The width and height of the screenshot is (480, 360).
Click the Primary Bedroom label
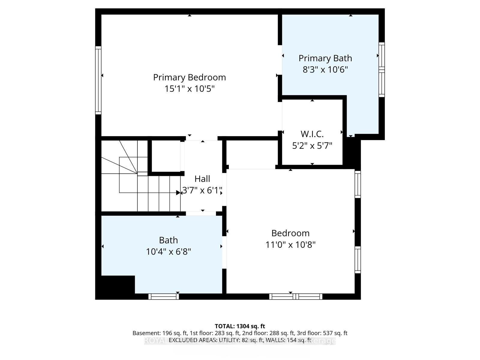pyautogui.click(x=189, y=77)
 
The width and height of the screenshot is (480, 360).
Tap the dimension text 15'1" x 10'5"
pyautogui.click(x=189, y=89)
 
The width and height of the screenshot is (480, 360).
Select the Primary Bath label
pyautogui.click(x=325, y=58)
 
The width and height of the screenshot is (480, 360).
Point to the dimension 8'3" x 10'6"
pyautogui.click(x=325, y=70)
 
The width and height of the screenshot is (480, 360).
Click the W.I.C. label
pyautogui.click(x=312, y=134)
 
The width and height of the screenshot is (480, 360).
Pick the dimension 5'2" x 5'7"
pyautogui.click(x=312, y=146)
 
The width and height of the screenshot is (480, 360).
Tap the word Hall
pyautogui.click(x=202, y=179)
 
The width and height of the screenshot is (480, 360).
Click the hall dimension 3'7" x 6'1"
pyautogui.click(x=202, y=190)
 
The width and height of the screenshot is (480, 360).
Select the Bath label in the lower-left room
pyautogui.click(x=168, y=240)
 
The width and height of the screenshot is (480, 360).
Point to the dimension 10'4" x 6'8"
pyautogui.click(x=168, y=252)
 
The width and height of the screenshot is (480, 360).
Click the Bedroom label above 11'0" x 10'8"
pyautogui.click(x=290, y=233)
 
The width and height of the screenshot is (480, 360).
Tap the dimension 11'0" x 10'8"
pyautogui.click(x=290, y=245)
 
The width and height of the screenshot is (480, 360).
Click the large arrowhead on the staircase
pyautogui.click(x=178, y=193)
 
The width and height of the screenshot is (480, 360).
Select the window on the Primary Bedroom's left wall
pyautogui.click(x=98, y=80)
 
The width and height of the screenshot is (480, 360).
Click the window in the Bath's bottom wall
pyautogui.click(x=163, y=296)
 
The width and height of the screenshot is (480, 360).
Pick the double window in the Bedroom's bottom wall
pyautogui.click(x=296, y=296)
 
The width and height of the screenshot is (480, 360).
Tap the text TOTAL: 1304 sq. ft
pyautogui.click(x=240, y=326)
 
